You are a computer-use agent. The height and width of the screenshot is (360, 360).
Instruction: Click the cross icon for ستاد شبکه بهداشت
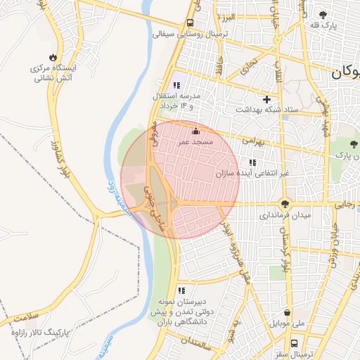266,99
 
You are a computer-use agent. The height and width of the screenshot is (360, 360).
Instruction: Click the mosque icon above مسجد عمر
195,131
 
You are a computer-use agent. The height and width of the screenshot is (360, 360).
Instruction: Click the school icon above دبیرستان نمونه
181,290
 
